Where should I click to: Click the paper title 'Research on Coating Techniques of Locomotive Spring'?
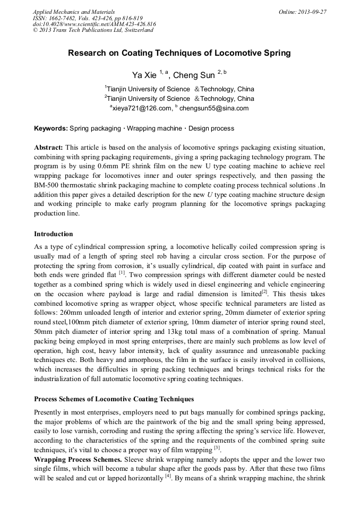[x=179, y=53]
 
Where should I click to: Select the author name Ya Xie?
[x=144, y=75]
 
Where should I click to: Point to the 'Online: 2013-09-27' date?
[x=302, y=12]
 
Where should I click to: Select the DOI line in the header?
[x=94, y=24]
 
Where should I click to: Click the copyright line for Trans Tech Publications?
[x=93, y=30]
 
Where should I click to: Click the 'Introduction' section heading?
[x=54, y=234]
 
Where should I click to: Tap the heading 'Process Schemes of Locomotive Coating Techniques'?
[x=114, y=399]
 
